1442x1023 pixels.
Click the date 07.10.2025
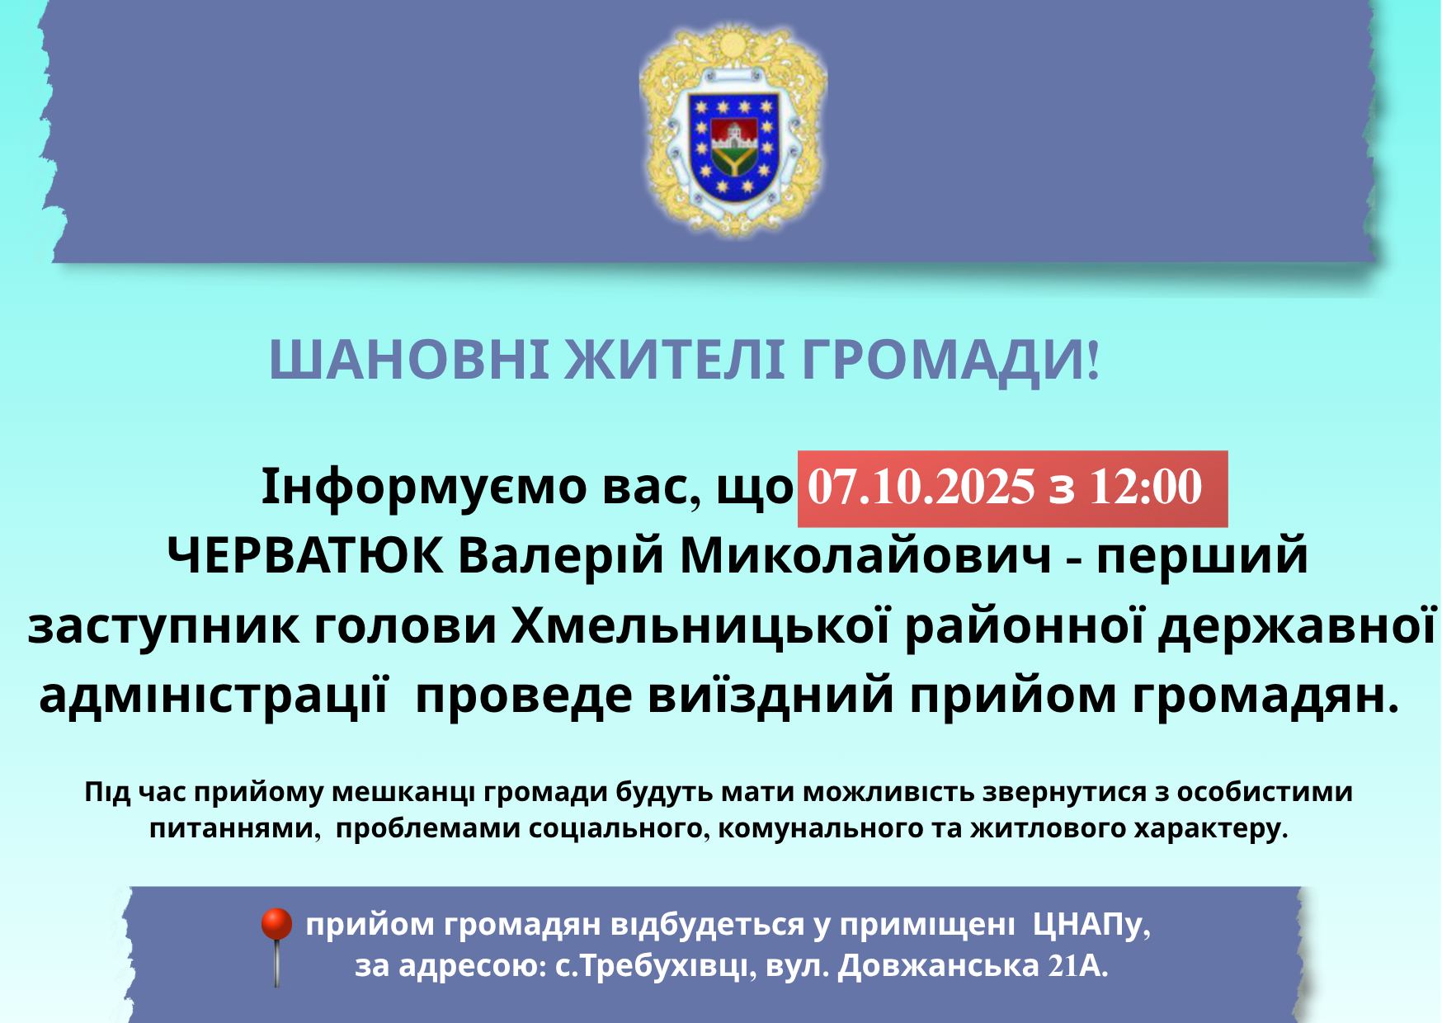click(920, 488)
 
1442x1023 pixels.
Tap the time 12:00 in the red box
click(1145, 488)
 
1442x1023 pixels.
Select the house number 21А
click(1077, 967)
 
